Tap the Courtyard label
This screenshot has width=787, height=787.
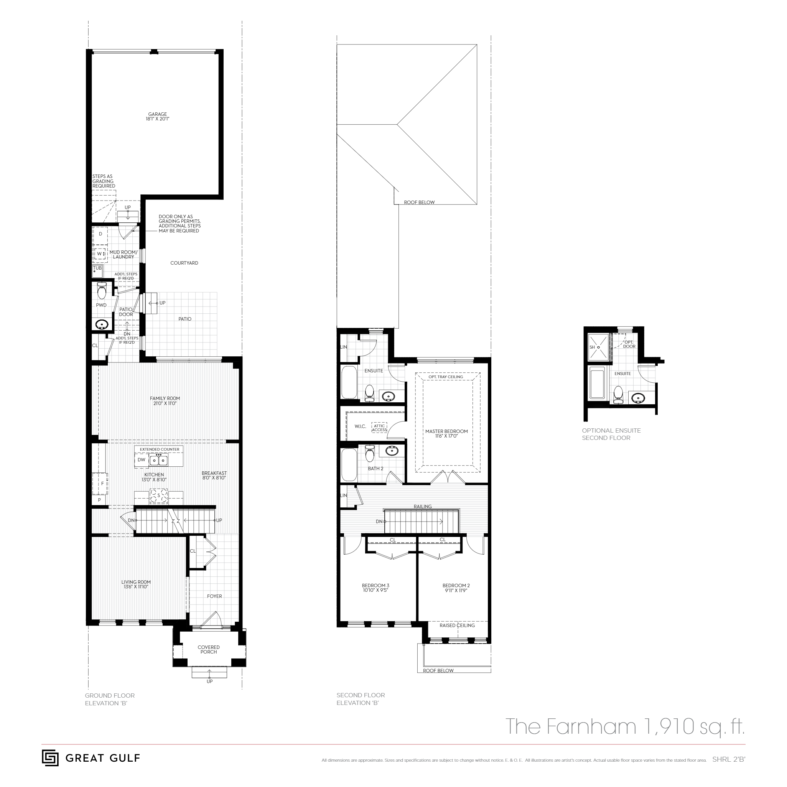184,263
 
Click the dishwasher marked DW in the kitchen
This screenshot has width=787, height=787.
142,460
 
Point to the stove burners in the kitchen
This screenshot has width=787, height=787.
158,496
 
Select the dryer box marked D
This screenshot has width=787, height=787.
100,234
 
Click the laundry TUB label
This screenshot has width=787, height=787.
97,268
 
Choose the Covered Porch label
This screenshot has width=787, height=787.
209,649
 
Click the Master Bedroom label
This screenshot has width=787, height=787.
446,431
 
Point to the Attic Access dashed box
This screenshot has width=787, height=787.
379,428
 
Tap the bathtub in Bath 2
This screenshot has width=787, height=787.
348,464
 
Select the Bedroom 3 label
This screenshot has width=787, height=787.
375,585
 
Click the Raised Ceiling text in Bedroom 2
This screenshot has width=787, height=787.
457,625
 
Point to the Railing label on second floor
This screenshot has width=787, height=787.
422,506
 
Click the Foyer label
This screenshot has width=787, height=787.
214,596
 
